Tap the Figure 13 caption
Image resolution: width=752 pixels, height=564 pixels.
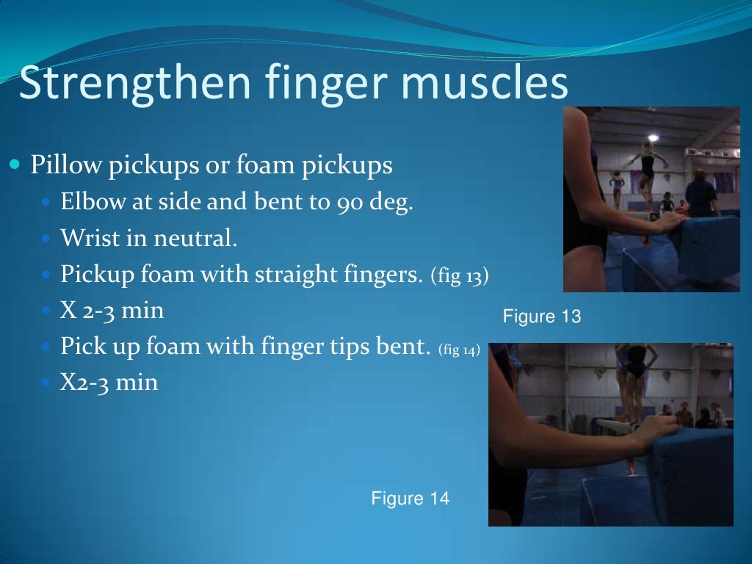(541, 317)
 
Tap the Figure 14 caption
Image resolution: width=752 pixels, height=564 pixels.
(410, 499)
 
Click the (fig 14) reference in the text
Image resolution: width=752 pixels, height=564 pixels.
(459, 350)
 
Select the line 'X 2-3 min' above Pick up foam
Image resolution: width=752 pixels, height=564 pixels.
(112, 311)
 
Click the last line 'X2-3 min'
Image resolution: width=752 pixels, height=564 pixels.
(109, 383)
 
